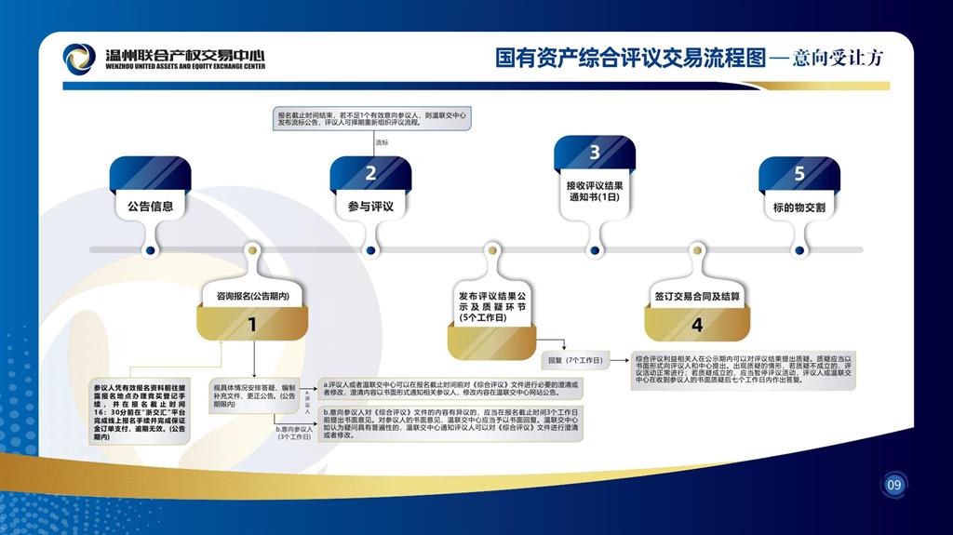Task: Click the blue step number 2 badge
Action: tap(370, 173)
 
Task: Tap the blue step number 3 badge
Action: tap(595, 153)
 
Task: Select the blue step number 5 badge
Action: tap(799, 174)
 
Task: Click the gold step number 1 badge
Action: tap(251, 325)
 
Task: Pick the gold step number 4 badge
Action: tap(697, 325)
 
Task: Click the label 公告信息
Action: tap(150, 207)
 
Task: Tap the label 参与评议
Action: tap(370, 207)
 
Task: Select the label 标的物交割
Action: tap(799, 207)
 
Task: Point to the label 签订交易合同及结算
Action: tap(697, 297)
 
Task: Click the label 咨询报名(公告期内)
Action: tap(251, 297)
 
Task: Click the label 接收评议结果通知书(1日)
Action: tap(595, 191)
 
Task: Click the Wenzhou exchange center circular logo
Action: tap(79, 59)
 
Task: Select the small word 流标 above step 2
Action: tap(382, 142)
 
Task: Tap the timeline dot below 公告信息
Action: tap(150, 249)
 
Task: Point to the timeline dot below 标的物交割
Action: tap(799, 249)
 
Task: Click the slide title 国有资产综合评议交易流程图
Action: tap(630, 59)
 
